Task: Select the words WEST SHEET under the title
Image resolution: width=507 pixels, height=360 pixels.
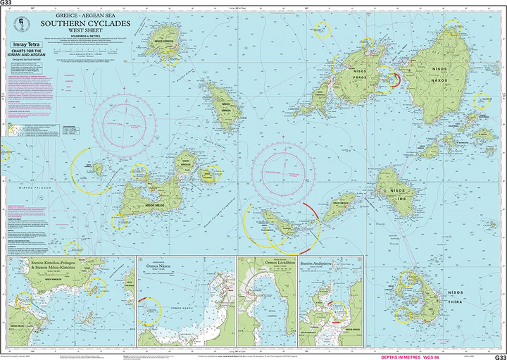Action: click(x=80, y=32)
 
